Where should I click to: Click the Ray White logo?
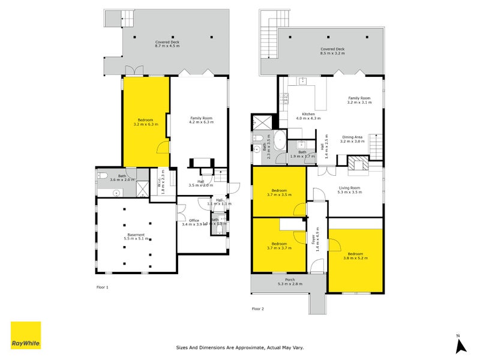tap(26, 335)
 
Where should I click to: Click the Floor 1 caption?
tap(103, 287)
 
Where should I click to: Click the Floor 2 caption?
tap(257, 308)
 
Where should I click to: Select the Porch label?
tap(290, 281)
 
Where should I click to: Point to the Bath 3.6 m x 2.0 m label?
tap(113, 178)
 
